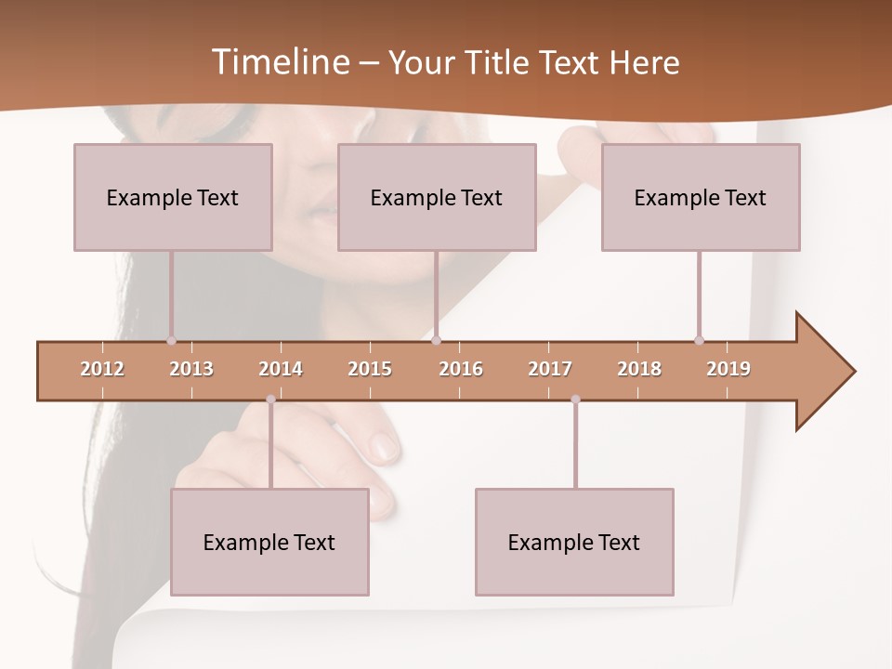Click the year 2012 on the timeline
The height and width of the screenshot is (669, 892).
(x=102, y=369)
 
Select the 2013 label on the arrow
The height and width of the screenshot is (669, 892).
(x=191, y=369)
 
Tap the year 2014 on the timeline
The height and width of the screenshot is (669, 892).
(x=281, y=369)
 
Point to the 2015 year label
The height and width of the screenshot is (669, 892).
(x=370, y=369)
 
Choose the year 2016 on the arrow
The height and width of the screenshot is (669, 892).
(x=461, y=369)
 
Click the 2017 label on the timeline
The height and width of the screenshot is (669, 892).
(x=550, y=369)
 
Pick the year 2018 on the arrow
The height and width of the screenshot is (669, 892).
(x=639, y=369)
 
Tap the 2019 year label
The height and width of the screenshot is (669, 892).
(x=728, y=369)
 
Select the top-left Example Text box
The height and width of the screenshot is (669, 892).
(x=173, y=197)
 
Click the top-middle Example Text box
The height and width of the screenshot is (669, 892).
(x=437, y=197)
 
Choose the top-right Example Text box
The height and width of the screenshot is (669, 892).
(x=701, y=197)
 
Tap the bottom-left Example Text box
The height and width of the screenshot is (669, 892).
(x=269, y=542)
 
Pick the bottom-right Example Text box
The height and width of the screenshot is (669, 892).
(x=574, y=542)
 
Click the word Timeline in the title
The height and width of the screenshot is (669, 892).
(x=280, y=62)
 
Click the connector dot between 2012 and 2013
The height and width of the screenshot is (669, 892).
(x=171, y=340)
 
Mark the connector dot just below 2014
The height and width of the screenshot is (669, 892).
(x=270, y=400)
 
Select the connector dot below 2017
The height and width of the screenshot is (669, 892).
(x=575, y=400)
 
